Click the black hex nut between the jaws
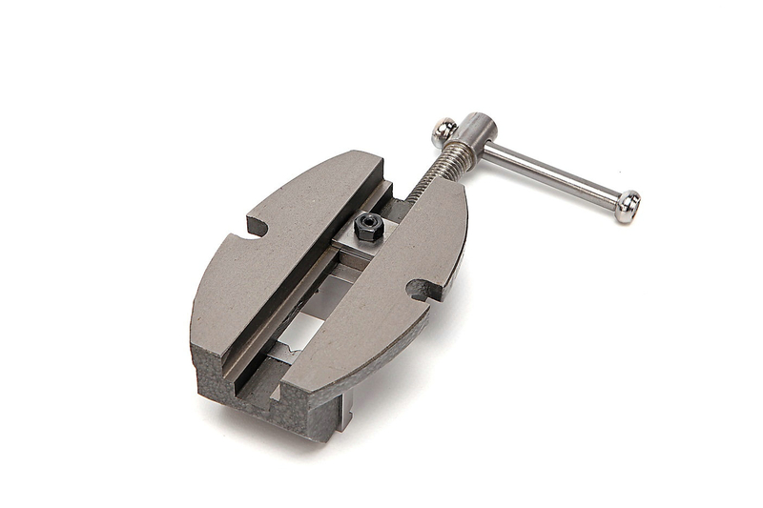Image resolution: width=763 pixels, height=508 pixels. [367, 227]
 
